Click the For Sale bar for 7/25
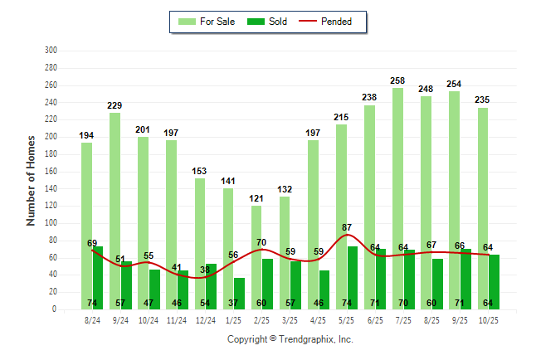coord(398,198)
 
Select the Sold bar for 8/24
coord(98,278)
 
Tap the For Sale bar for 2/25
coord(256,257)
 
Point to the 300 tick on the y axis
coord(51,51)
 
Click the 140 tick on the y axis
coord(51,188)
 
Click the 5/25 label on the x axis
coord(347,319)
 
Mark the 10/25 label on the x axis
coord(489,319)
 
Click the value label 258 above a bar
coord(398,80)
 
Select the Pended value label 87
coord(346,226)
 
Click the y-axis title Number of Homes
coord(32,180)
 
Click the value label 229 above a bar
coord(115,105)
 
